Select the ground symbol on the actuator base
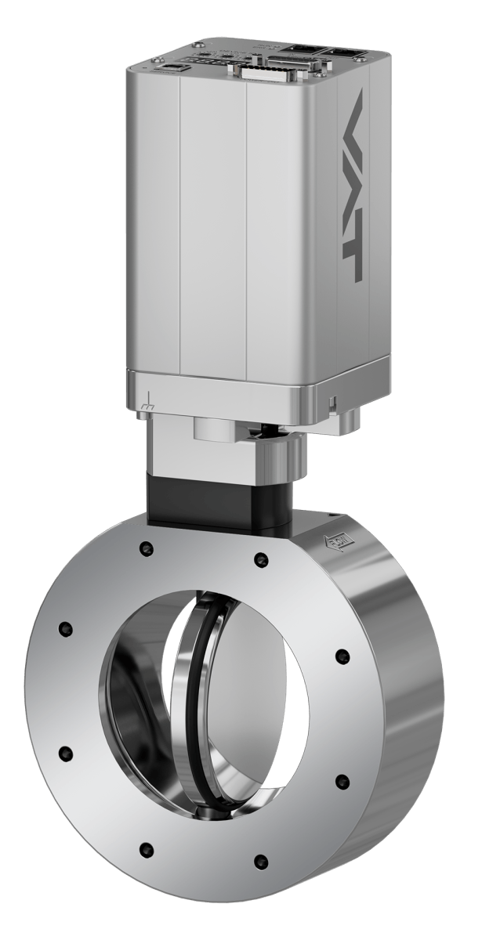click(x=147, y=406)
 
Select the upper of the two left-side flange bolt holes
click(x=64, y=629)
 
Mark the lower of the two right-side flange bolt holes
click(x=342, y=779)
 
